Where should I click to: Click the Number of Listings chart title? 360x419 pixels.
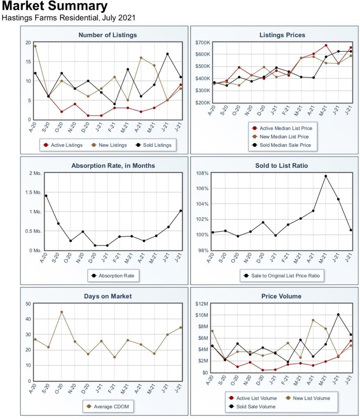tap(108, 35)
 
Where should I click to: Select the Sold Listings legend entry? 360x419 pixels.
tap(154, 145)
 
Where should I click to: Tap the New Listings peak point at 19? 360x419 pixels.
tap(35, 46)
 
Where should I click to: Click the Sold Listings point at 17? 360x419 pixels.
tap(167, 54)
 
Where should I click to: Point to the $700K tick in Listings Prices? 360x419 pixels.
tap(202, 43)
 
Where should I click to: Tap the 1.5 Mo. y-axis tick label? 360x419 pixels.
tap(34, 192)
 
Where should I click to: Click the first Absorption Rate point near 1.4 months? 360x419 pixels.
tap(46, 196)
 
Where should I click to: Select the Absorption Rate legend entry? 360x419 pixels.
tap(113, 276)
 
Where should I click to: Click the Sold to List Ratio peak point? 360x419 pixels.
tap(326, 176)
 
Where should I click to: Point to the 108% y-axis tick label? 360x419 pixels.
tap(202, 173)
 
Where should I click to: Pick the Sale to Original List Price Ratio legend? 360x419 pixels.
tap(282, 276)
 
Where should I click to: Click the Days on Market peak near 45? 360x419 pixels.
tap(62, 312)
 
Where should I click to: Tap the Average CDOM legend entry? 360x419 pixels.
tap(108, 406)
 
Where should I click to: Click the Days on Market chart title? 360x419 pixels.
tap(108, 296)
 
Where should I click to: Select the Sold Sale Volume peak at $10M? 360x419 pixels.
tap(338, 315)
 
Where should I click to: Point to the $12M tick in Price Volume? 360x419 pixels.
tap(202, 304)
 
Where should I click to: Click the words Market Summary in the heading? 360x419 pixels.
tap(55, 6)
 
